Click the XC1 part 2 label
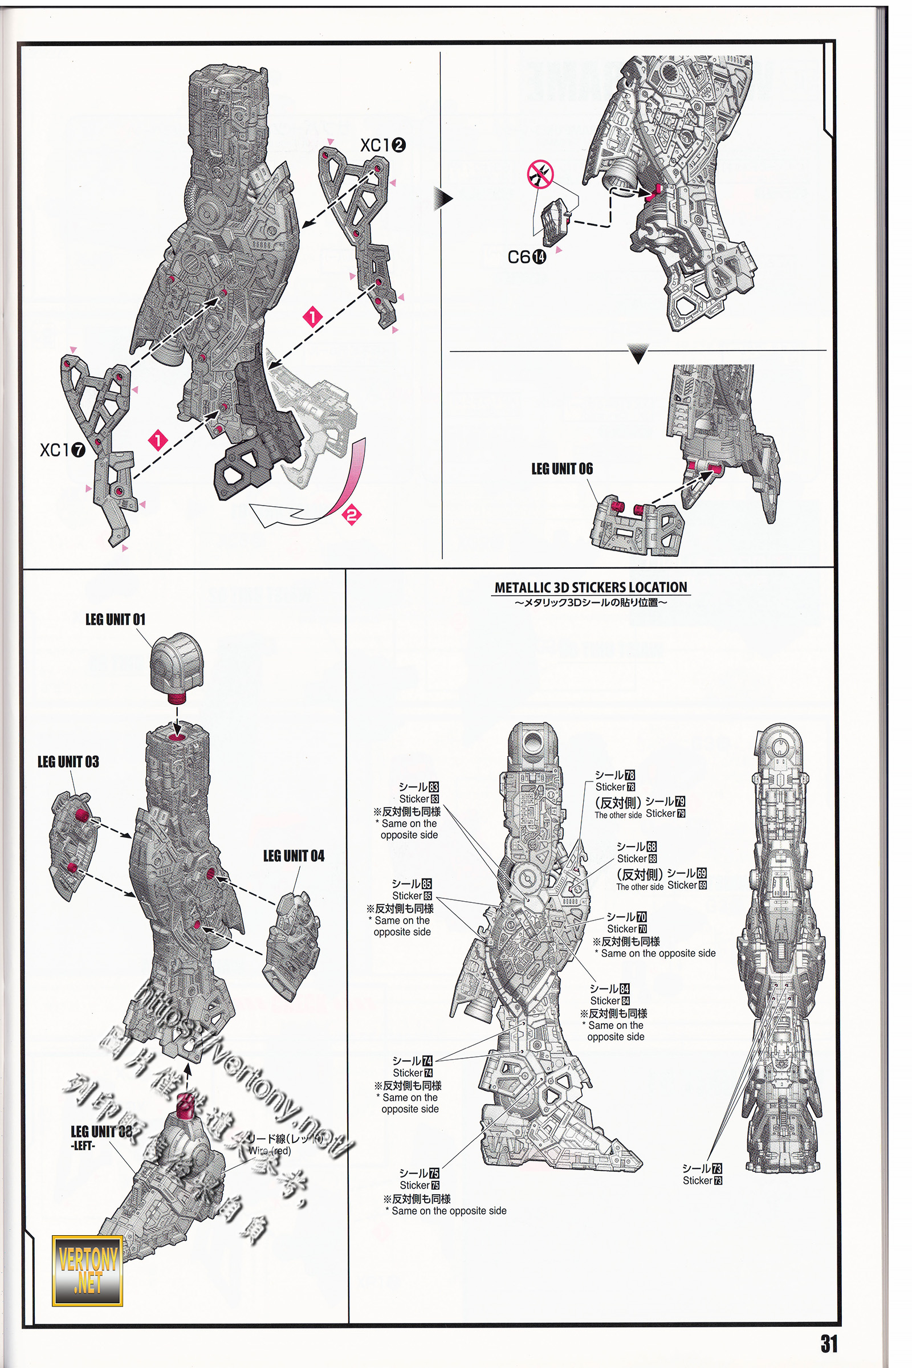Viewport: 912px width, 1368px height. pyautogui.click(x=382, y=145)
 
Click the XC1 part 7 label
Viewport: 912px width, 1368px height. pyautogui.click(x=62, y=450)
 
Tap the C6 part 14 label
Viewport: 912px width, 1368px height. pyautogui.click(x=526, y=256)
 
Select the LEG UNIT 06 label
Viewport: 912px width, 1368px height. pyautogui.click(x=562, y=469)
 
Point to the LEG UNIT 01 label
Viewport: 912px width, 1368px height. pyautogui.click(x=115, y=620)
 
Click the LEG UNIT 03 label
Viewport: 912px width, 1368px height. pyautogui.click(x=68, y=762)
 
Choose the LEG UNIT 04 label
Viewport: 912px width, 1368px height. pyautogui.click(x=294, y=856)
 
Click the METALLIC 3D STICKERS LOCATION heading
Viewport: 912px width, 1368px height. pyautogui.click(x=591, y=588)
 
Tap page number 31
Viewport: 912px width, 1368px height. pyautogui.click(x=829, y=1343)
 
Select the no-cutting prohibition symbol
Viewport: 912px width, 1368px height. pyautogui.click(x=540, y=174)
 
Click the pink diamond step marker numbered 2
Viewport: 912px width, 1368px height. pyautogui.click(x=351, y=515)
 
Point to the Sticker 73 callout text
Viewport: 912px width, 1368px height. pyautogui.click(x=702, y=1174)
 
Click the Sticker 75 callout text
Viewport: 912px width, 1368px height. pyautogui.click(x=420, y=1179)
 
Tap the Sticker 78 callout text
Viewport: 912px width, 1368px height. pyautogui.click(x=615, y=780)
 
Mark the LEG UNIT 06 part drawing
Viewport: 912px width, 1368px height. pyautogui.click(x=637, y=524)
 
